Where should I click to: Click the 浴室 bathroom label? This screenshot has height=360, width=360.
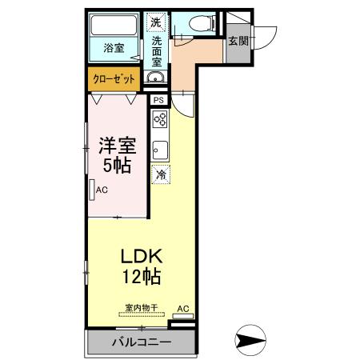coord(114,47)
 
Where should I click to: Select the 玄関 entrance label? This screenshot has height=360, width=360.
coord(237,42)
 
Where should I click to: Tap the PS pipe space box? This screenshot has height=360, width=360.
coord(158,100)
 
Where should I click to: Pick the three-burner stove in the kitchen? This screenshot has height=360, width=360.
coord(160,120)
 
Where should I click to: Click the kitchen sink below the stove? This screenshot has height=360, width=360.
coord(160,149)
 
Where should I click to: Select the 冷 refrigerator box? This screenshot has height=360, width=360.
coord(161,174)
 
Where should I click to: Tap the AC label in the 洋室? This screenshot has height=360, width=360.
coord(102,190)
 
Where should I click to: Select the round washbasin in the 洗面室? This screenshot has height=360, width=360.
coord(157,78)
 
